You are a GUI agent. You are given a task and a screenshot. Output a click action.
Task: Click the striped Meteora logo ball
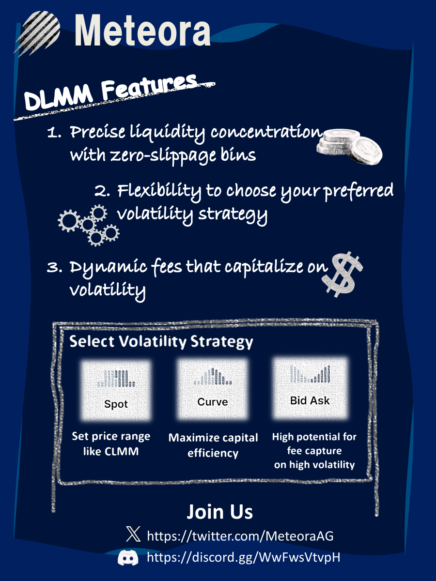click(x=38, y=33)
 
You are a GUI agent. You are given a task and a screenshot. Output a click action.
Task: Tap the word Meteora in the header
click(x=142, y=30)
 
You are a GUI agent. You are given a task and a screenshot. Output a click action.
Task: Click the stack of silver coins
click(x=349, y=147)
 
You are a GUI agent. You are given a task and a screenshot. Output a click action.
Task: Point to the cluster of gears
click(x=89, y=225)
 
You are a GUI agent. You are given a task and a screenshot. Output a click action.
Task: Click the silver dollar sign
click(x=343, y=274)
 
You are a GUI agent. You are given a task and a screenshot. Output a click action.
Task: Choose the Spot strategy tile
click(x=116, y=390)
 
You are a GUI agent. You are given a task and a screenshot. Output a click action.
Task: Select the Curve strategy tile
click(x=213, y=389)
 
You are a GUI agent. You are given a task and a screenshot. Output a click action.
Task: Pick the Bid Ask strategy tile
click(x=310, y=387)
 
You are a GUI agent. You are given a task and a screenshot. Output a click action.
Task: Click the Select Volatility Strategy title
click(x=161, y=341)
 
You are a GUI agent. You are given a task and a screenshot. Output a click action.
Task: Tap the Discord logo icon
click(x=128, y=557)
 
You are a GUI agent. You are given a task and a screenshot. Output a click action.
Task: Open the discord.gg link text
click(x=244, y=557)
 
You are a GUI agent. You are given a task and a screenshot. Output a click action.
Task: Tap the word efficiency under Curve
click(x=213, y=453)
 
